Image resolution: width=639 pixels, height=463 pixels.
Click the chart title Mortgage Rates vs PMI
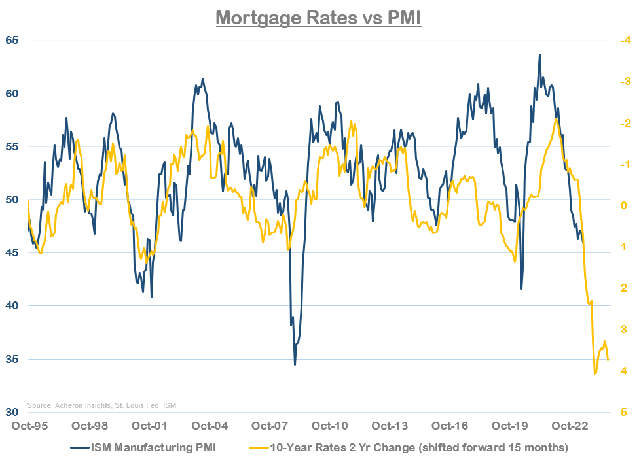[x=319, y=16]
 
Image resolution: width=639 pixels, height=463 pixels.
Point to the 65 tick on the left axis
[x=12, y=40]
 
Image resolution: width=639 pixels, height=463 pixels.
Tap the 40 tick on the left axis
[x=12, y=306]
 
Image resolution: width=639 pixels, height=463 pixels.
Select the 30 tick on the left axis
[x=12, y=412]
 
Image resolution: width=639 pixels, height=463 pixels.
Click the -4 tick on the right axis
[x=624, y=41]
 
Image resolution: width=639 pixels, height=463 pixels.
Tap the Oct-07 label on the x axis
[x=270, y=426]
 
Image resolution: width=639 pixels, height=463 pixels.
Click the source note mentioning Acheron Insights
[x=101, y=405]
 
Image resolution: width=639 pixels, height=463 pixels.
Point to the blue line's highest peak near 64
[x=539, y=55]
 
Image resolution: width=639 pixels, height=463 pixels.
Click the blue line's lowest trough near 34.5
[x=295, y=364]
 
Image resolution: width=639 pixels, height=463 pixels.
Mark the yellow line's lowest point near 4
[x=594, y=373]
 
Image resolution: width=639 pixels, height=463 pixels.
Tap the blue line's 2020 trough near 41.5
[x=522, y=288]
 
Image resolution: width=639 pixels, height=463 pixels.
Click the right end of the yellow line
[x=608, y=360]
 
